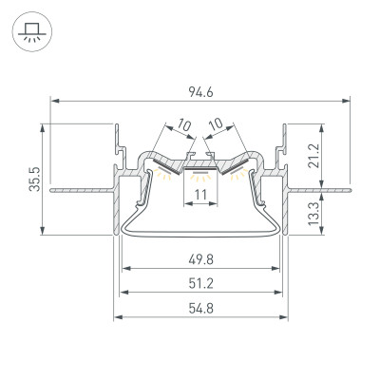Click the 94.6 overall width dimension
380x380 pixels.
[200, 91]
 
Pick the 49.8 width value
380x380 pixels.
[200, 258]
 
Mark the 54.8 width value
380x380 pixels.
[200, 308]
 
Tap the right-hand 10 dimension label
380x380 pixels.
[216, 124]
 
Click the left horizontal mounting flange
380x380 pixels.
[81, 190]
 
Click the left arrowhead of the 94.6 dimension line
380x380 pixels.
[53, 100]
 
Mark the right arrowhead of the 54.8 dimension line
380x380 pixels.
[284, 316]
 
